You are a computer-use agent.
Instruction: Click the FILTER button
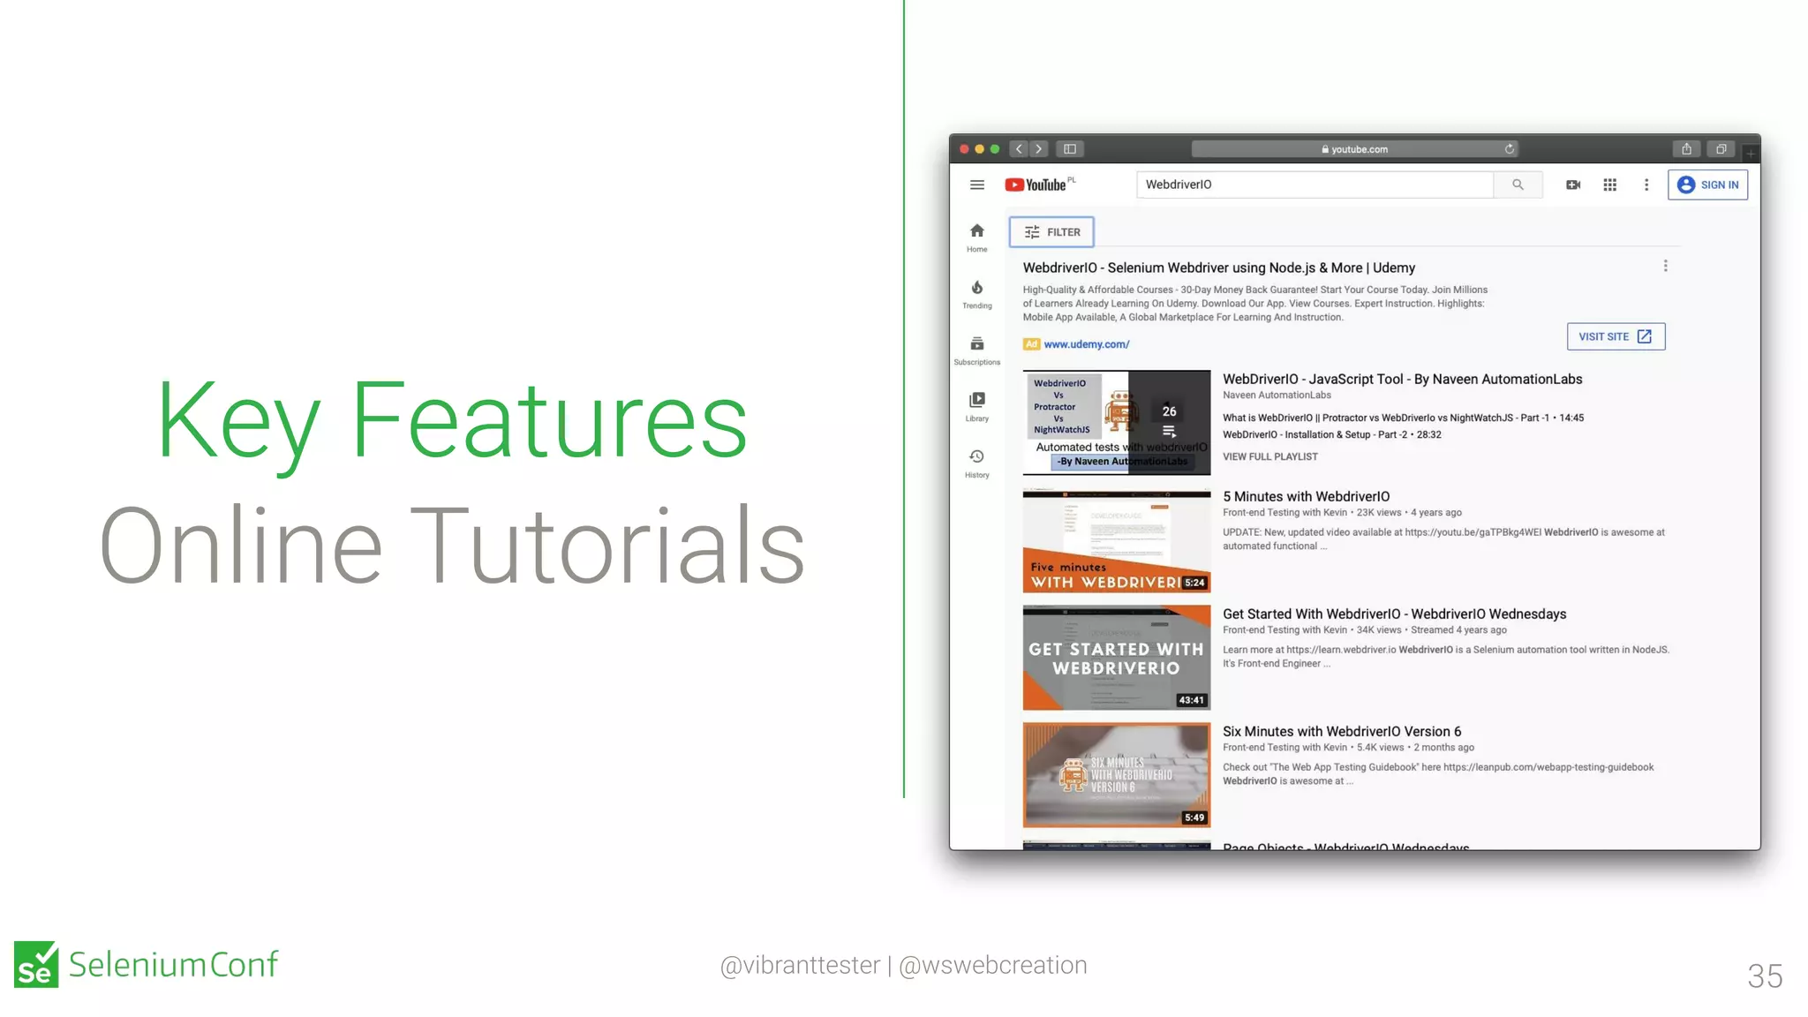1051,232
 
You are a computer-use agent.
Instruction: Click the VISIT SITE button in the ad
1615,336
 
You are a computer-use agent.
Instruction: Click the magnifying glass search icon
1518,185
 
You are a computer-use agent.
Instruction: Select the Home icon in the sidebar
976,231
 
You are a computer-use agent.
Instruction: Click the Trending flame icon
976,288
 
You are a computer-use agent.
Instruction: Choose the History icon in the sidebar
976,456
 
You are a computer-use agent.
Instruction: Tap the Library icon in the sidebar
976,400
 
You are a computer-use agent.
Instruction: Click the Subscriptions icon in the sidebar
976,344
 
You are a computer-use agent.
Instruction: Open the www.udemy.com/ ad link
1086,344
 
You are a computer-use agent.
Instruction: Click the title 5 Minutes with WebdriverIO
1306,496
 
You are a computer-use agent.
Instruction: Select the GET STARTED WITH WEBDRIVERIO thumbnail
1116,658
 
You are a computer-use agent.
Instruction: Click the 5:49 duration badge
1194,817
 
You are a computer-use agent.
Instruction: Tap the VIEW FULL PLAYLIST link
1269,456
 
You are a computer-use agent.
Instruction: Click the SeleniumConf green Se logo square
36,964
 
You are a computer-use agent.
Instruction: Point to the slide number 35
1764,976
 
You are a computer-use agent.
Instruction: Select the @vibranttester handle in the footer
800,965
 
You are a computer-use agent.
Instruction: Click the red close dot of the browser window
964,149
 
